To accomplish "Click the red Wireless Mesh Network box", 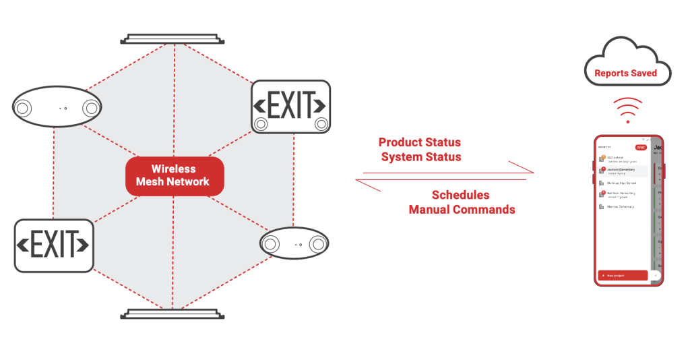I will pos(173,175).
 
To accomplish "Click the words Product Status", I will pos(419,142).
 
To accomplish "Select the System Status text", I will pos(421,157).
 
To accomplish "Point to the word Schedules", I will pos(460,195).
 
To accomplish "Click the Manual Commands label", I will pos(462,210).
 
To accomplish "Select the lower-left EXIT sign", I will pos(54,245).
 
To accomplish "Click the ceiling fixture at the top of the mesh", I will pos(172,38).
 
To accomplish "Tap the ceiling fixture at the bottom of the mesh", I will pos(172,313).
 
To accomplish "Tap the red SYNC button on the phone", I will pos(641,147).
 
